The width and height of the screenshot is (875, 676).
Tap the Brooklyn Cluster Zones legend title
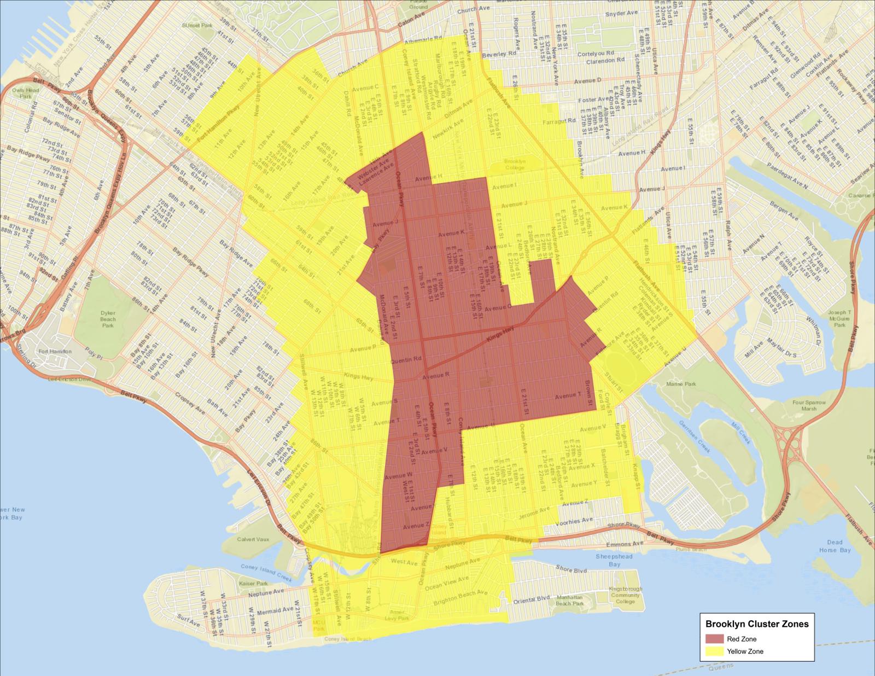[757, 623]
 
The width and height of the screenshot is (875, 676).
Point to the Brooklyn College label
[514, 165]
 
